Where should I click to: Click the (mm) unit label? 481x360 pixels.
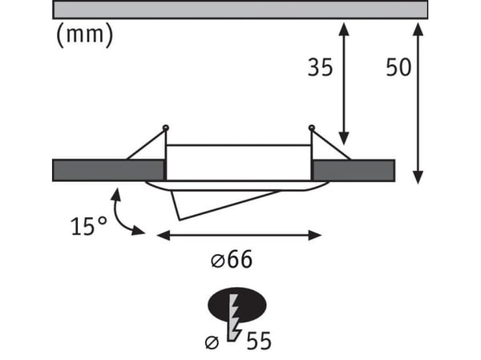coord(85,35)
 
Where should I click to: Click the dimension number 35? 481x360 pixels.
coord(320,67)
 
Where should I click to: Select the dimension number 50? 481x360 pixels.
coord(398,67)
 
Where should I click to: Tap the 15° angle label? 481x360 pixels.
coord(89,226)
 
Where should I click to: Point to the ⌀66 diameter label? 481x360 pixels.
coord(232,260)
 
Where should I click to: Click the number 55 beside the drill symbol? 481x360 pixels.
coord(259,341)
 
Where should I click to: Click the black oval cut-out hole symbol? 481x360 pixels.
coord(237,305)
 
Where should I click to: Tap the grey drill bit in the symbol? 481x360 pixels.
coord(235,318)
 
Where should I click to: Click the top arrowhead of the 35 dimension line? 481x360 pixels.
coord(344,29)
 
